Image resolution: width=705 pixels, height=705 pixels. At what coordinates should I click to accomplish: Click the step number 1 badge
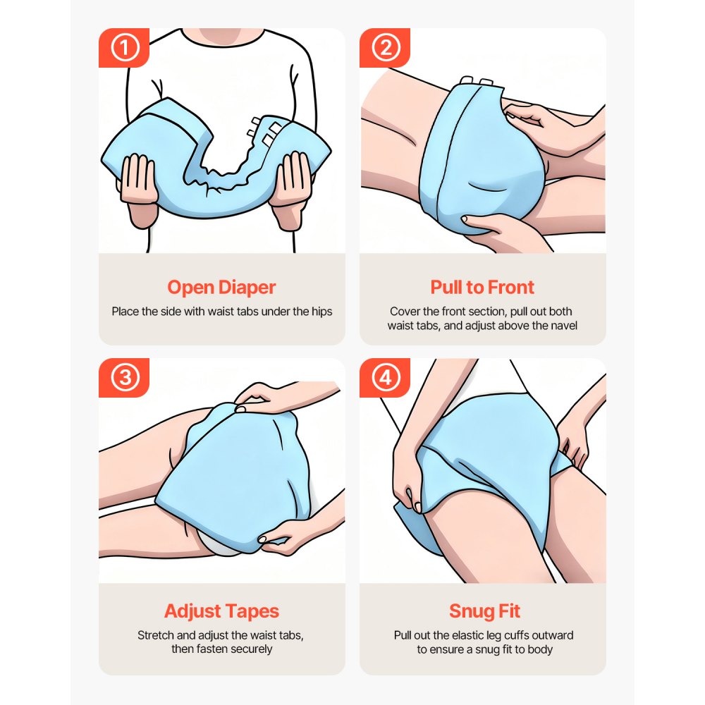[124, 48]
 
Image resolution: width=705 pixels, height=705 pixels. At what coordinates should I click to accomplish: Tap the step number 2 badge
[385, 48]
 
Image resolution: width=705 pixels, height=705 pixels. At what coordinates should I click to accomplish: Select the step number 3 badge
[124, 378]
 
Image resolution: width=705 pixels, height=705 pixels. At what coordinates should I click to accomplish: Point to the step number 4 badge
[385, 378]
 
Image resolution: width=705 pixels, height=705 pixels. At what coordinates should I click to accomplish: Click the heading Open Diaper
[221, 288]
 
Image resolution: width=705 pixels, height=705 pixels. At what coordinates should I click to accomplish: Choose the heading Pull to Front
[482, 288]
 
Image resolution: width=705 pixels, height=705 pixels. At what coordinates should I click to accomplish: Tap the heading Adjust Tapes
[221, 611]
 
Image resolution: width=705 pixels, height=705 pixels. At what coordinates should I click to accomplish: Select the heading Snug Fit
[482, 611]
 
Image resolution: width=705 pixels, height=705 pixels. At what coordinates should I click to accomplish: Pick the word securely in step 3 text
[250, 649]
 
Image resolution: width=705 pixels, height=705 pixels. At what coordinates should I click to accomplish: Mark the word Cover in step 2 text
[405, 311]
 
